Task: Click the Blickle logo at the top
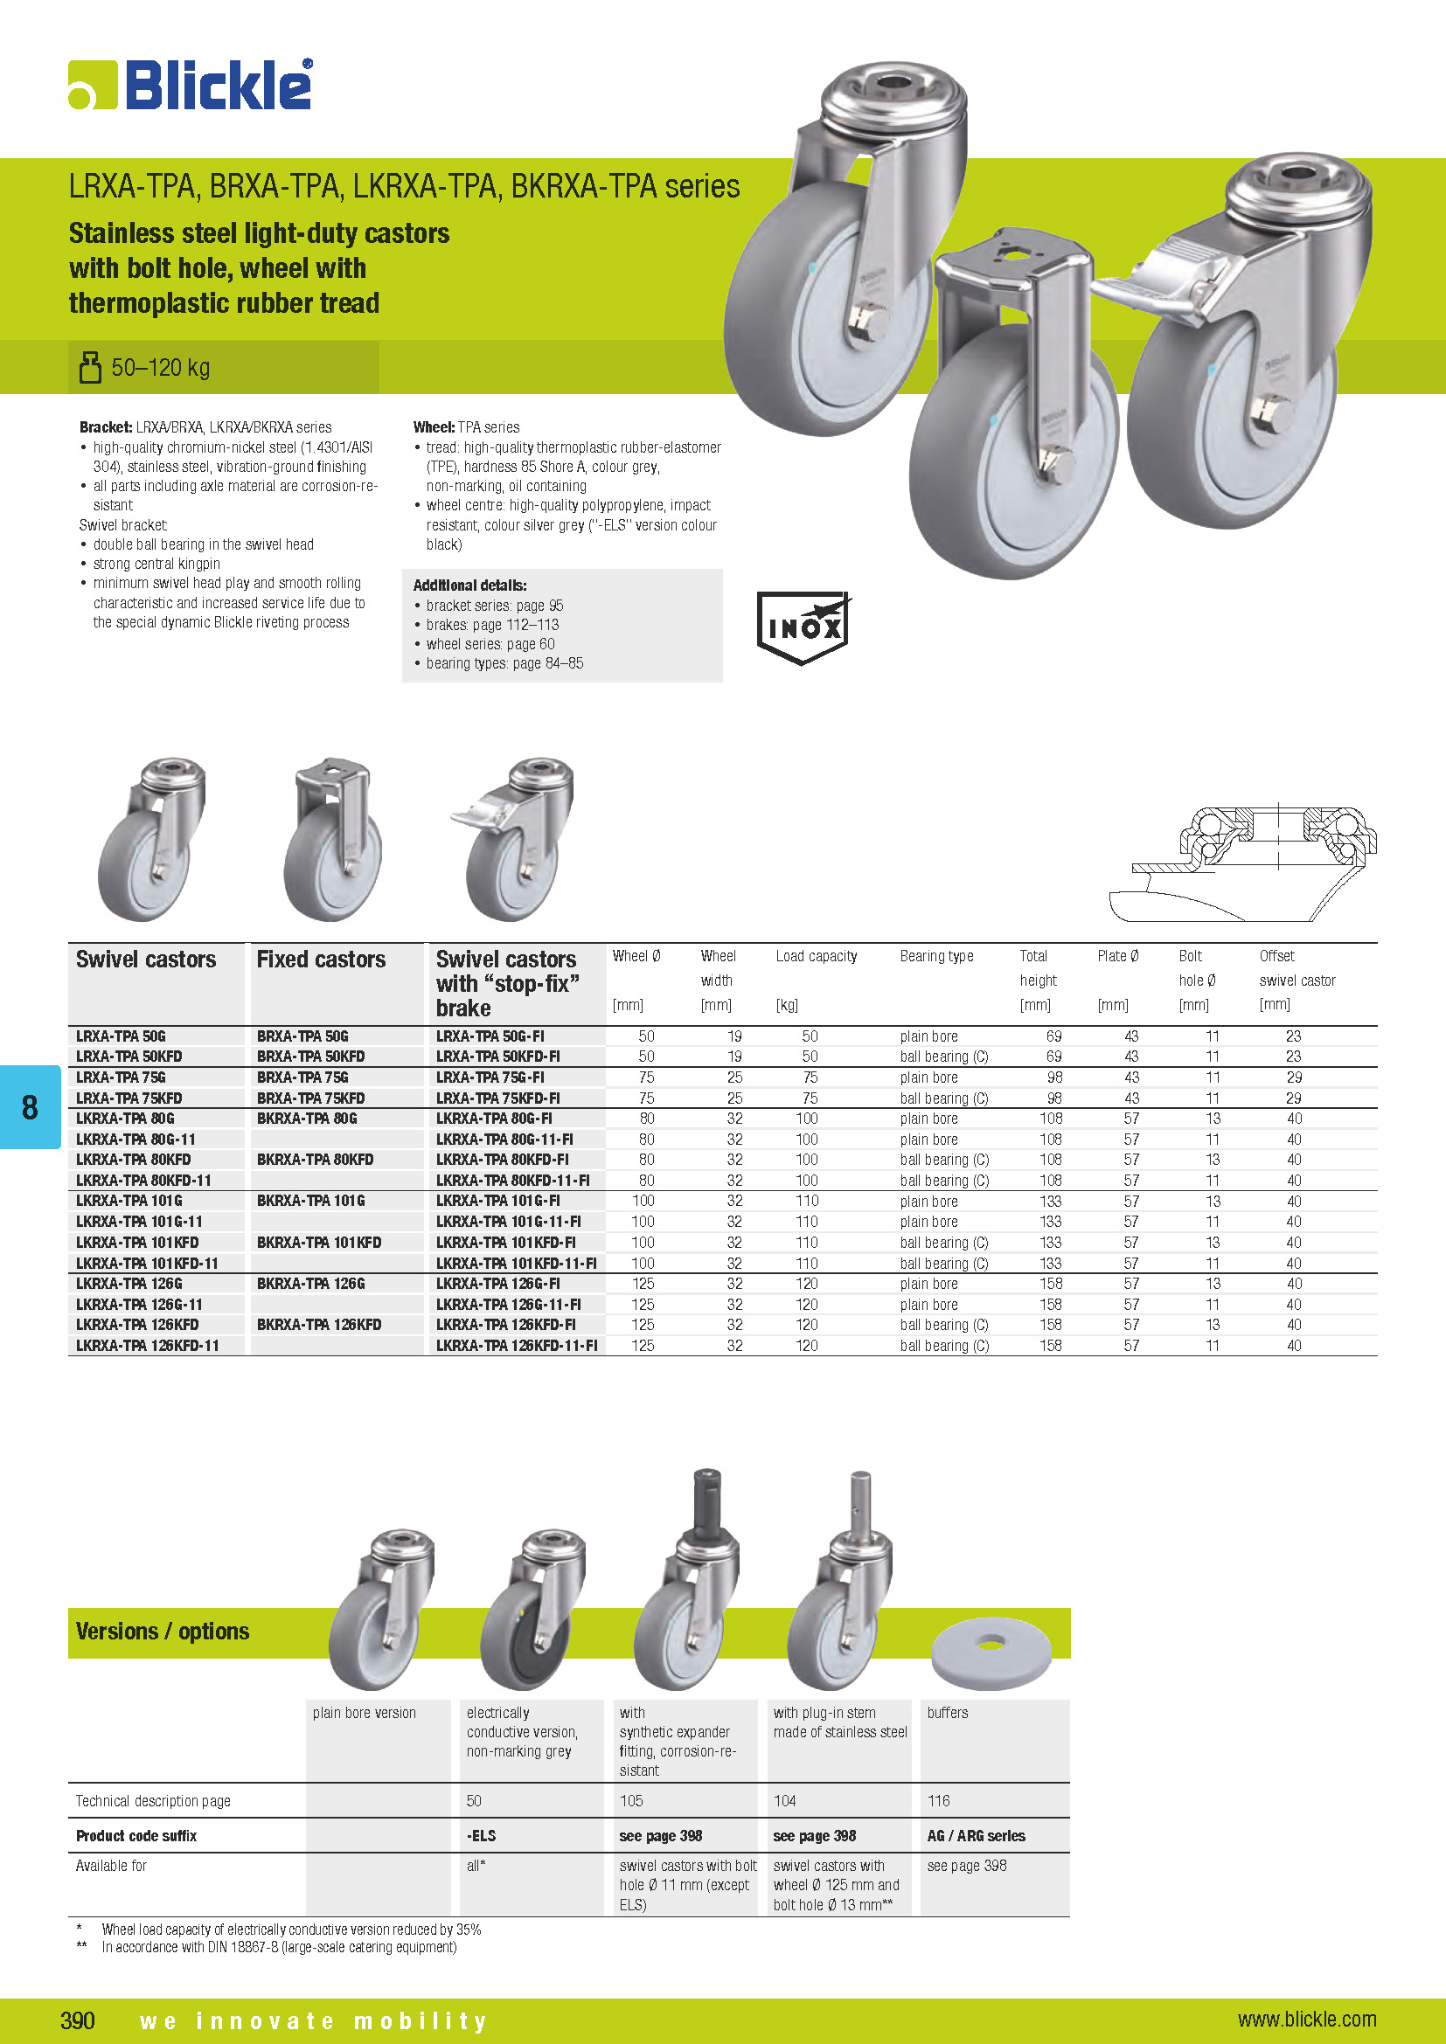[x=191, y=85]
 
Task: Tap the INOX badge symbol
[x=803, y=627]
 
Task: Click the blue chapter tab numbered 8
[x=31, y=1106]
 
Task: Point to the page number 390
[x=78, y=2019]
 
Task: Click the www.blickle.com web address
[x=1306, y=2019]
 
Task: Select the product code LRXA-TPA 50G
[x=122, y=1036]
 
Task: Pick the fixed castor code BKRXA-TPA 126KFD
[x=319, y=1325]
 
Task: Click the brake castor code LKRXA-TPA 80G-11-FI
[x=504, y=1140]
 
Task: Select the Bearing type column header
[x=935, y=956]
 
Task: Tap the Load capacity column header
[x=816, y=956]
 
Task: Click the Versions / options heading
[x=162, y=1631]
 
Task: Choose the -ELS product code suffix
[x=481, y=1836]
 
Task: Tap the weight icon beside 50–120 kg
[x=90, y=367]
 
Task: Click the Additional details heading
[x=469, y=585]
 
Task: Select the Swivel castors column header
[x=146, y=960]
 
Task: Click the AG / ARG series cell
[x=976, y=1836]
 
